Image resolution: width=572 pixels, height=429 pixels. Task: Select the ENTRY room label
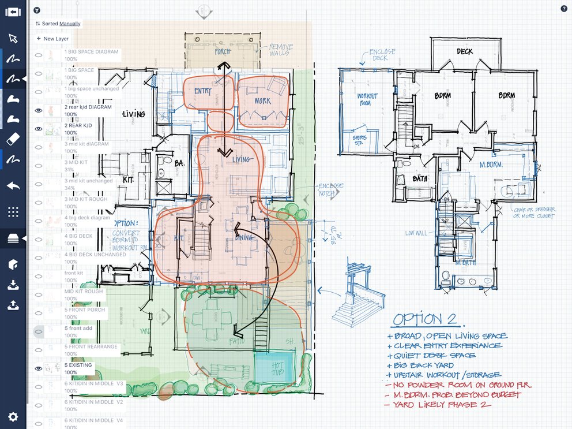pos(202,91)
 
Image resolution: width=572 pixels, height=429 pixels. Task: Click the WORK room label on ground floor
pos(262,101)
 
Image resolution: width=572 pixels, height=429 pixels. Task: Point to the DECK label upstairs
pos(465,51)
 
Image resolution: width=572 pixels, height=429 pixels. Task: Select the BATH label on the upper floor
pos(420,179)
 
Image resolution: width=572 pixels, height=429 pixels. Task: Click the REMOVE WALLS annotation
pos(281,50)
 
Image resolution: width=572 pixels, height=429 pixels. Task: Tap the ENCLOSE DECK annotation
pos(382,55)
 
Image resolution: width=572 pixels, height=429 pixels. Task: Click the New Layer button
pos(52,39)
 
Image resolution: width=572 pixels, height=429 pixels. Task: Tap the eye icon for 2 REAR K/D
pos(39,129)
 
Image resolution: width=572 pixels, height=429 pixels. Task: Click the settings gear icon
pos(13,416)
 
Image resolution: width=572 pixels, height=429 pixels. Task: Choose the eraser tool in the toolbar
pos(13,139)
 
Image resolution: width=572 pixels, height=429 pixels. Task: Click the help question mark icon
pos(563,9)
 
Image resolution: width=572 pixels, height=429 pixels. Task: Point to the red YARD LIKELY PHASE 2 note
pos(438,405)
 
